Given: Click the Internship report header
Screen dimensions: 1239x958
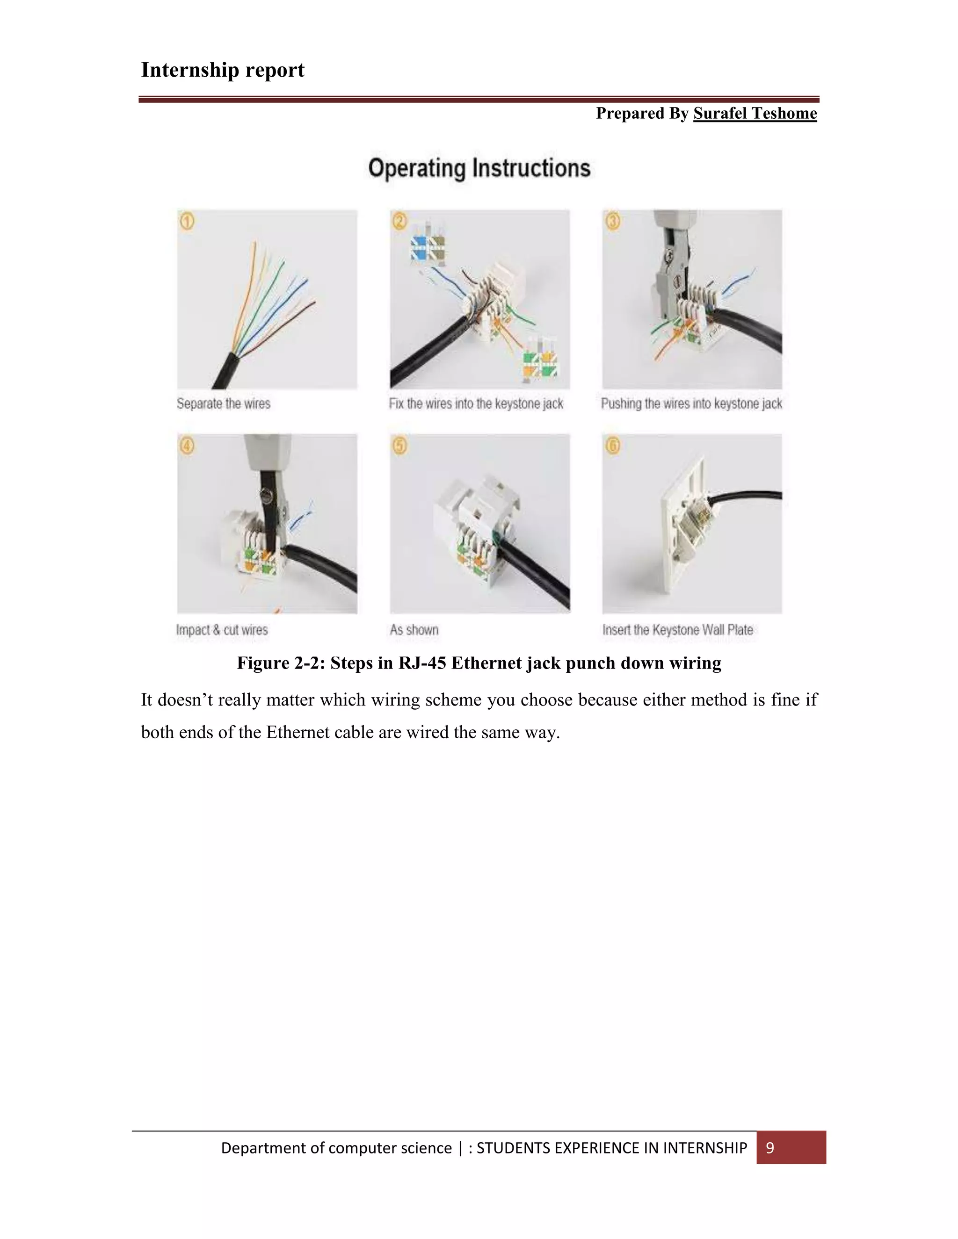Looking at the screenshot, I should click(223, 70).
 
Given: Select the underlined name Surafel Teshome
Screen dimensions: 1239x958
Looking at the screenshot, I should click(755, 114).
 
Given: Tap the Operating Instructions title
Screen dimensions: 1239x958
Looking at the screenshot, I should click(479, 168).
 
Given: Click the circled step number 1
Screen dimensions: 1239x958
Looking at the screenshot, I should click(187, 221).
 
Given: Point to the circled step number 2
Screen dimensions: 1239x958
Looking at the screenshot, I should click(400, 221).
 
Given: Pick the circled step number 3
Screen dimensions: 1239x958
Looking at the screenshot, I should click(613, 221).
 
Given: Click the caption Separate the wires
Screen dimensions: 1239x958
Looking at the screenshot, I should click(224, 404).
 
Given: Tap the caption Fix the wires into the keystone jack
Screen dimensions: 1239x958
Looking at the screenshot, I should click(476, 404).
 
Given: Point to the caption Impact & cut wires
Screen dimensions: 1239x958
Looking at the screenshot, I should click(222, 630).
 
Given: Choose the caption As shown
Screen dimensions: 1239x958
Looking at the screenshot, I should click(414, 630).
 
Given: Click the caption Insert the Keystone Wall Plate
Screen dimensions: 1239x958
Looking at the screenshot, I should click(678, 630).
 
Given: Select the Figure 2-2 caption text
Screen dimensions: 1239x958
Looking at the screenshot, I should click(479, 663).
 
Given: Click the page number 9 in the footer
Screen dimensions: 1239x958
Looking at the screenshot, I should click(770, 1148).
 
